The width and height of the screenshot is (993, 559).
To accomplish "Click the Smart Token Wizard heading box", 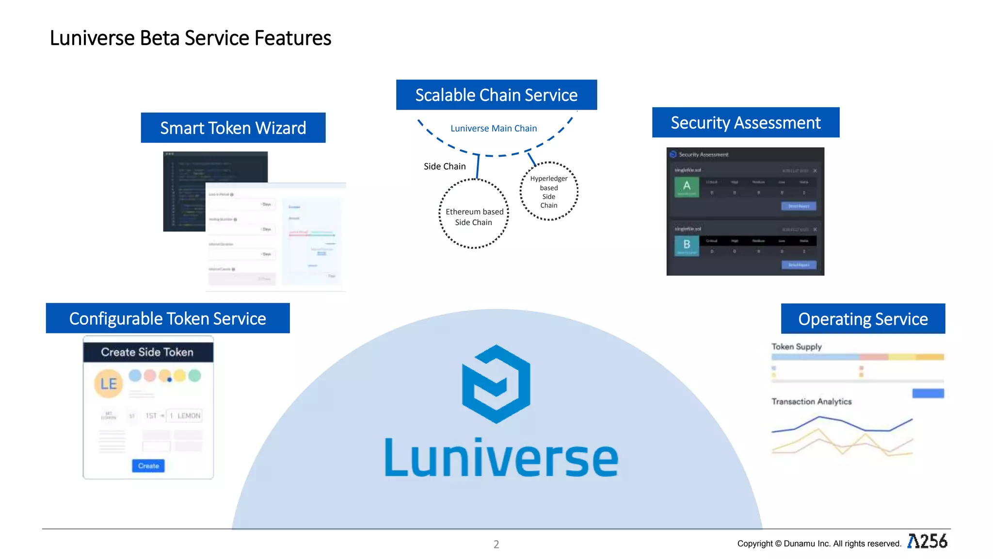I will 233,128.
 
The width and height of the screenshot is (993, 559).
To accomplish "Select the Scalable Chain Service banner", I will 496,95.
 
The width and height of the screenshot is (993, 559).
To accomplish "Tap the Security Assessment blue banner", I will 746,122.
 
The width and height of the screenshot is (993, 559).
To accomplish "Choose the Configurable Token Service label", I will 168,318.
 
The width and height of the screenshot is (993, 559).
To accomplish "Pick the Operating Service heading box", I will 863,319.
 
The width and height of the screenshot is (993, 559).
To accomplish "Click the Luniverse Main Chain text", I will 494,129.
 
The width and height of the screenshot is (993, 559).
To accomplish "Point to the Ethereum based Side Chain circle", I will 474,214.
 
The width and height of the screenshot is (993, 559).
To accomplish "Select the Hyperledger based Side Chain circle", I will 549,191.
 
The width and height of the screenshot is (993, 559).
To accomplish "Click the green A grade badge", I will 687,186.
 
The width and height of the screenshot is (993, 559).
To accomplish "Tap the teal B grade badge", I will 687,246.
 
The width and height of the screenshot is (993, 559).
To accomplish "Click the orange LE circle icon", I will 109,384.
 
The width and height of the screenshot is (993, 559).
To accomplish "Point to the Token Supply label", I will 797,346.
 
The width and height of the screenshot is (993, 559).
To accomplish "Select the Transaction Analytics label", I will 812,401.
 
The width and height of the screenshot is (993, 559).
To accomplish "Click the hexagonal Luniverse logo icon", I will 496,383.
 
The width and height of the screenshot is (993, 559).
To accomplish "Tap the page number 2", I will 496,544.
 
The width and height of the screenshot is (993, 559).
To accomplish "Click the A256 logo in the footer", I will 927,541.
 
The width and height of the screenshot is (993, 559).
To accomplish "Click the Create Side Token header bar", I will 147,352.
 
